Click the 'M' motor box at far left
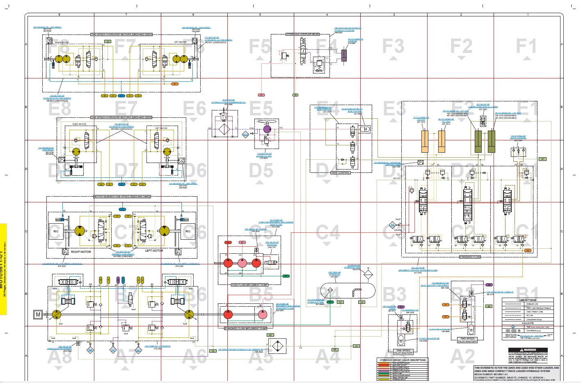[38, 315]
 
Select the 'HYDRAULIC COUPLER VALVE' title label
[302, 34]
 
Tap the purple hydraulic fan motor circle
[267, 129]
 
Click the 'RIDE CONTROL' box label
[341, 173]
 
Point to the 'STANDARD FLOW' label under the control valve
[469, 257]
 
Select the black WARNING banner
[528, 350]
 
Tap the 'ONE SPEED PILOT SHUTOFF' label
[403, 352]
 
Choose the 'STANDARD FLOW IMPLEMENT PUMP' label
[245, 328]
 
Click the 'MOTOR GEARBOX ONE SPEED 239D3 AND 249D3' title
[122, 197]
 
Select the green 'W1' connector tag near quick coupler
[542, 159]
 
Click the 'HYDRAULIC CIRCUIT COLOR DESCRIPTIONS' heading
[402, 360]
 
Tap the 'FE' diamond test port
[113, 350]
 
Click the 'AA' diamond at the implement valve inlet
[392, 225]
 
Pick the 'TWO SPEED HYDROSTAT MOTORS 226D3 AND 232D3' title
[121, 35]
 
